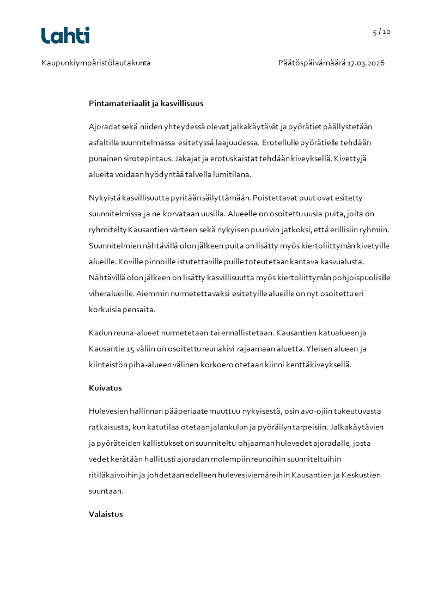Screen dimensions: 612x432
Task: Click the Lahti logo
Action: click(65, 35)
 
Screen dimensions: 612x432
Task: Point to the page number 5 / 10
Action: click(381, 32)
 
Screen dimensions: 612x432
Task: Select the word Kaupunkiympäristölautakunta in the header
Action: click(96, 63)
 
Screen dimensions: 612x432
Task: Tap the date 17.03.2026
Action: click(366, 63)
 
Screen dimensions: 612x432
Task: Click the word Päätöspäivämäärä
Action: click(312, 63)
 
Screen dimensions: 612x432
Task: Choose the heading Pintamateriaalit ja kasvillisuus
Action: click(146, 103)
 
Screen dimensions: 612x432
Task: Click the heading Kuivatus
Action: click(105, 389)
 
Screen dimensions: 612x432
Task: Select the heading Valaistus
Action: click(106, 514)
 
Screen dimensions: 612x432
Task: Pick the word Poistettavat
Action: click(276, 198)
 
